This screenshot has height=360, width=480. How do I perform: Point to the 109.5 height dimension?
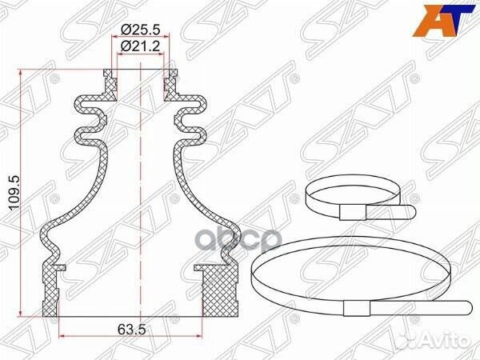[12, 192]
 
